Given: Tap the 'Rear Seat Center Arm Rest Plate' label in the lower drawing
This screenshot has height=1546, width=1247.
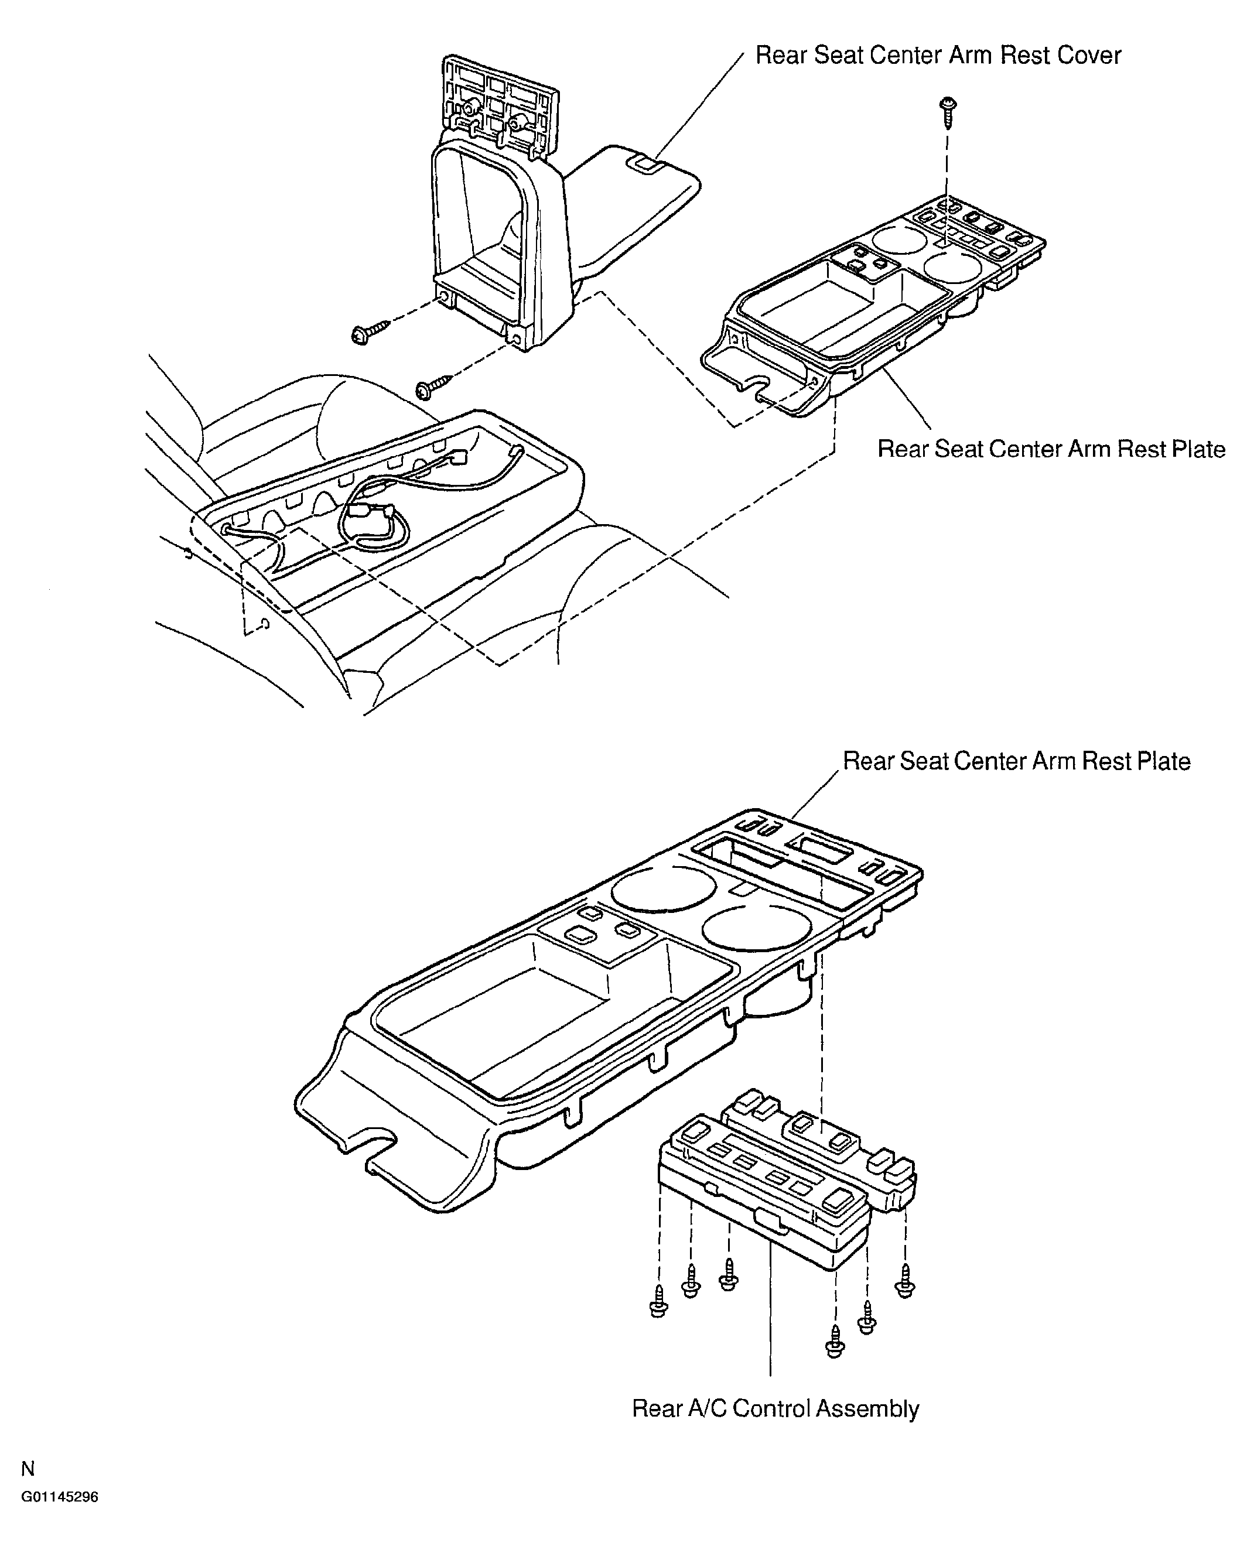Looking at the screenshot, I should tap(1016, 761).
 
